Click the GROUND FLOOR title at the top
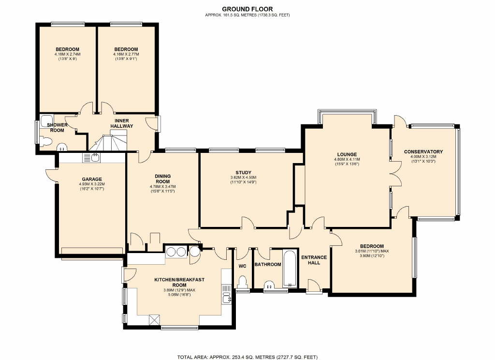(x=247, y=9)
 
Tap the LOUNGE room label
(x=347, y=154)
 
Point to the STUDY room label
(x=244, y=173)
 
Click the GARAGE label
(x=92, y=179)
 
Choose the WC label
(x=242, y=266)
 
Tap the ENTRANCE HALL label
(x=314, y=260)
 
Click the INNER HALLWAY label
(x=122, y=123)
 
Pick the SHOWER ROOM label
(x=57, y=127)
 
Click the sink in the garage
(x=91, y=157)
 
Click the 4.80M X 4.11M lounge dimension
(x=347, y=160)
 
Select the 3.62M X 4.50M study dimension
(x=244, y=178)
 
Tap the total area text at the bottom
(x=247, y=357)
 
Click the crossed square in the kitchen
(x=154, y=320)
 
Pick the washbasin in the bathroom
(x=269, y=285)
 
